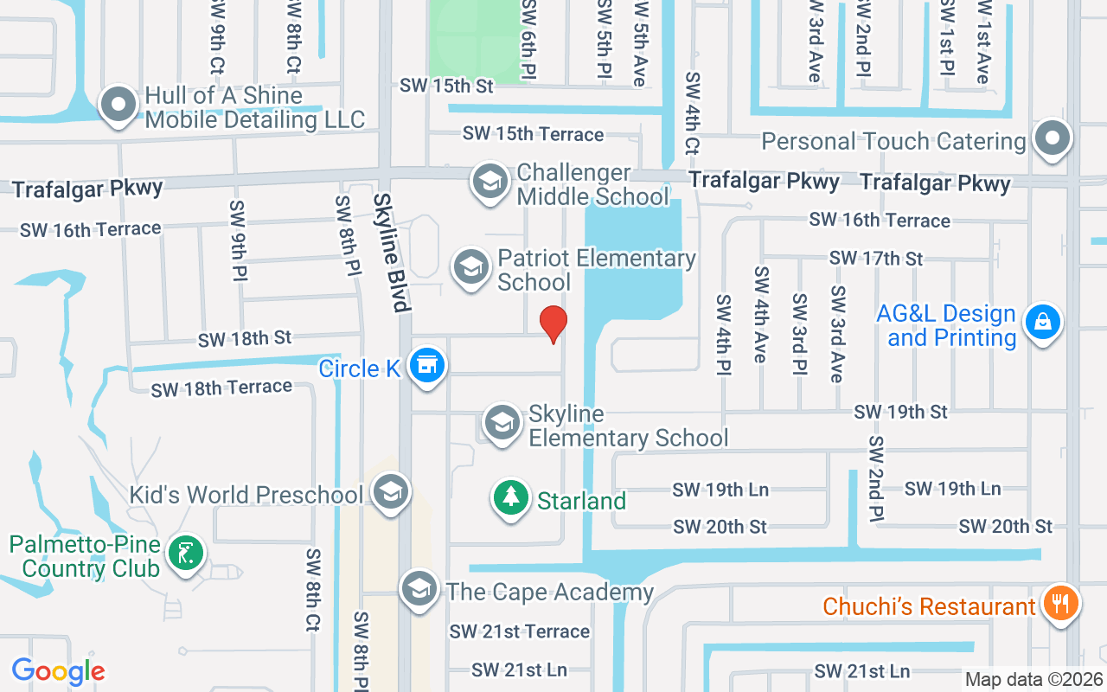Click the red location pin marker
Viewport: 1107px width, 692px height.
(553, 324)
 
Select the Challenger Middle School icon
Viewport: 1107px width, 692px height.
(490, 183)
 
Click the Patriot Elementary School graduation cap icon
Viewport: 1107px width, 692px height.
(471, 267)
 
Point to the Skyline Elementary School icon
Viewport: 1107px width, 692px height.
(502, 424)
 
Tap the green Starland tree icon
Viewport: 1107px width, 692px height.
(511, 498)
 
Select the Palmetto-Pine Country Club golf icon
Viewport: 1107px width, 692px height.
(183, 553)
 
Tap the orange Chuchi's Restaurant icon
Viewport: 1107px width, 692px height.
(1058, 602)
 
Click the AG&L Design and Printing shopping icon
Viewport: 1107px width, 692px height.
(1043, 322)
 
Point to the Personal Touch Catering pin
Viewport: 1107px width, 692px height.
(1052, 138)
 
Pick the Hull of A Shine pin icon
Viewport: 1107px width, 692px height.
(119, 105)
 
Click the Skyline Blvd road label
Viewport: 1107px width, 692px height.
(390, 252)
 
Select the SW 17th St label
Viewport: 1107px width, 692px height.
(875, 258)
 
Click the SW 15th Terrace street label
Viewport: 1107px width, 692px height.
(533, 134)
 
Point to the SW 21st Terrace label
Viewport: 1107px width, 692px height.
(519, 632)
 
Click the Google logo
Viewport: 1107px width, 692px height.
(58, 671)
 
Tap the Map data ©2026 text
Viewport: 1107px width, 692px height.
(1033, 680)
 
